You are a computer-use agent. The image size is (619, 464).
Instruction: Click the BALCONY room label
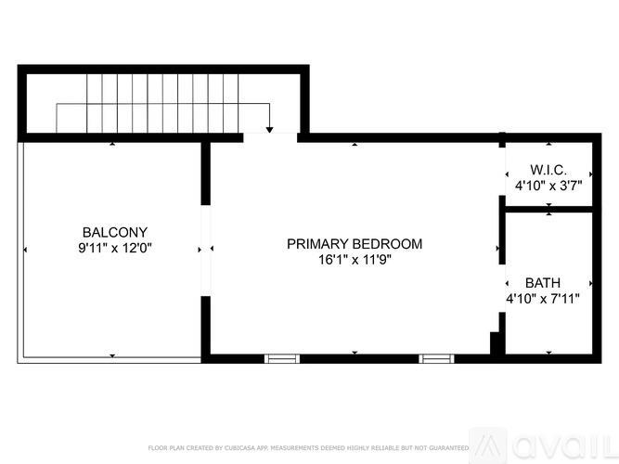click(114, 232)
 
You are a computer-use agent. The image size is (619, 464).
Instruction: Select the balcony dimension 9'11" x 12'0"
click(114, 248)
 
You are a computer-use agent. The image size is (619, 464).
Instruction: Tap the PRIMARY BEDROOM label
click(354, 244)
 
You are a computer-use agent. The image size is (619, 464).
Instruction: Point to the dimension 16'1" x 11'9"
click(354, 260)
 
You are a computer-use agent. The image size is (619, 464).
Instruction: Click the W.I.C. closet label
click(548, 170)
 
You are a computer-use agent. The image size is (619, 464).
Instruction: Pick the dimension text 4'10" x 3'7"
click(548, 186)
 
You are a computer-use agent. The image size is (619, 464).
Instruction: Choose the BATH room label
click(542, 282)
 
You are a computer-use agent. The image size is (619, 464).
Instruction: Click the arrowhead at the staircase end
click(269, 130)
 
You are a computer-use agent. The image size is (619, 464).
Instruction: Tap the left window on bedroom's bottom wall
click(282, 357)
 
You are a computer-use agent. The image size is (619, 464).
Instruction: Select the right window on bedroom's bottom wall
click(434, 357)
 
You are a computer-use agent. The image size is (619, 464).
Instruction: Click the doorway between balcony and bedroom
click(205, 249)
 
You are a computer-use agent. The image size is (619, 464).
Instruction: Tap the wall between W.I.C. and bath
click(548, 210)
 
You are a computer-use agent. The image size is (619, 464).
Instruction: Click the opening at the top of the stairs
click(270, 137)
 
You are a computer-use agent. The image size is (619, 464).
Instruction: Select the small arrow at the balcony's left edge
click(25, 249)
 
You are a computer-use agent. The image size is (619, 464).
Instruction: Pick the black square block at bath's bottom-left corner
click(497, 344)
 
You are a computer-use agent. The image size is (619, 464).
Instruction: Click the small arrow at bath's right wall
click(589, 282)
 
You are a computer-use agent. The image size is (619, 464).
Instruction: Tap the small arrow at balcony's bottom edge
click(112, 354)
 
